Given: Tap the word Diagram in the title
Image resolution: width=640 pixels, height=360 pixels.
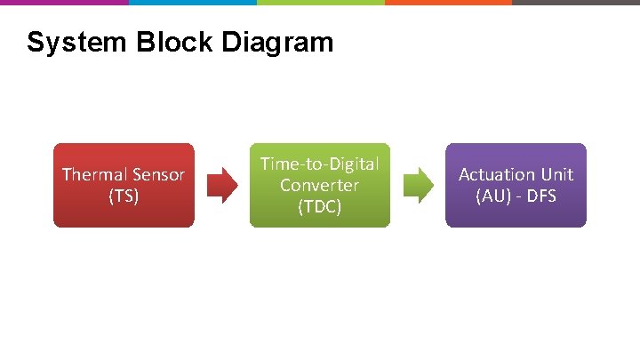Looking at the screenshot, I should click(279, 42).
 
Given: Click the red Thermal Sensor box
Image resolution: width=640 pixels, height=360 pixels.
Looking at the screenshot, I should click(124, 185).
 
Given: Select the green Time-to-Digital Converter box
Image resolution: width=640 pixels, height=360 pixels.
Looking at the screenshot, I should click(319, 185).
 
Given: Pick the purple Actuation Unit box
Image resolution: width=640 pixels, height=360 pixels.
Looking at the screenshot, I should click(516, 185).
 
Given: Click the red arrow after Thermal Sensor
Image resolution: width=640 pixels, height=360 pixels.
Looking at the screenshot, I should click(222, 186).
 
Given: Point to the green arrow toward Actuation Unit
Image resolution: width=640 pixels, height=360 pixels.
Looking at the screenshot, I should click(418, 186).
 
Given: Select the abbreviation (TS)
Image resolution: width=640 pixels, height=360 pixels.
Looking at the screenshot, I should click(124, 196).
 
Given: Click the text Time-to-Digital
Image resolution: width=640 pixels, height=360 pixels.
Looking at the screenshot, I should click(319, 164).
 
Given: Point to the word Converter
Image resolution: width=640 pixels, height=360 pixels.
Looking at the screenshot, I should click(319, 185).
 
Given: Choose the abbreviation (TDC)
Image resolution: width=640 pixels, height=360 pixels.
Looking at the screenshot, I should click(319, 206).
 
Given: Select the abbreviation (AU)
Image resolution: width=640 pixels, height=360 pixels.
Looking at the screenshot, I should click(492, 196).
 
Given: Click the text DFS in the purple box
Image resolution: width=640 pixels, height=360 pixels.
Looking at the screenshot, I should click(540, 196).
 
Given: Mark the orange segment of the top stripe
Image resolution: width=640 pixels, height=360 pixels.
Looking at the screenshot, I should click(448, 3).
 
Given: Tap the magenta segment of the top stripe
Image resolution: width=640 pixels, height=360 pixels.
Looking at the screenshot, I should click(64, 3).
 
